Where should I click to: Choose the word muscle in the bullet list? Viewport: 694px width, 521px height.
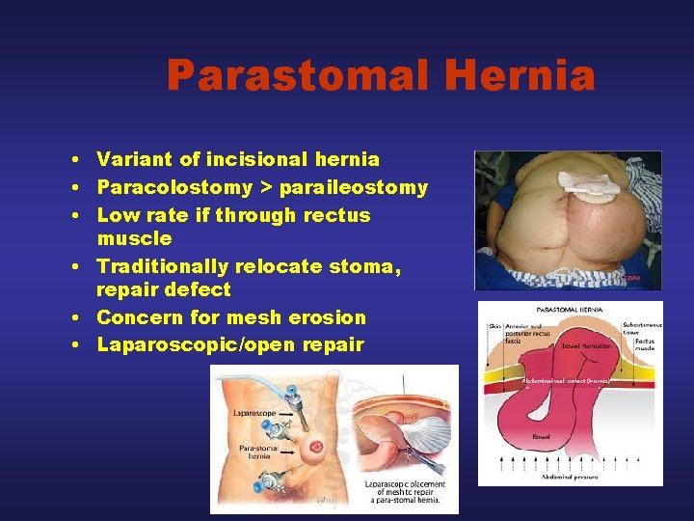[x=135, y=238]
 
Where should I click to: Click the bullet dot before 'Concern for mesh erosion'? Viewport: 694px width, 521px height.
[x=74, y=318]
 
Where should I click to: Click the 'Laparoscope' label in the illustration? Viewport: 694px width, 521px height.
[x=254, y=413]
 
